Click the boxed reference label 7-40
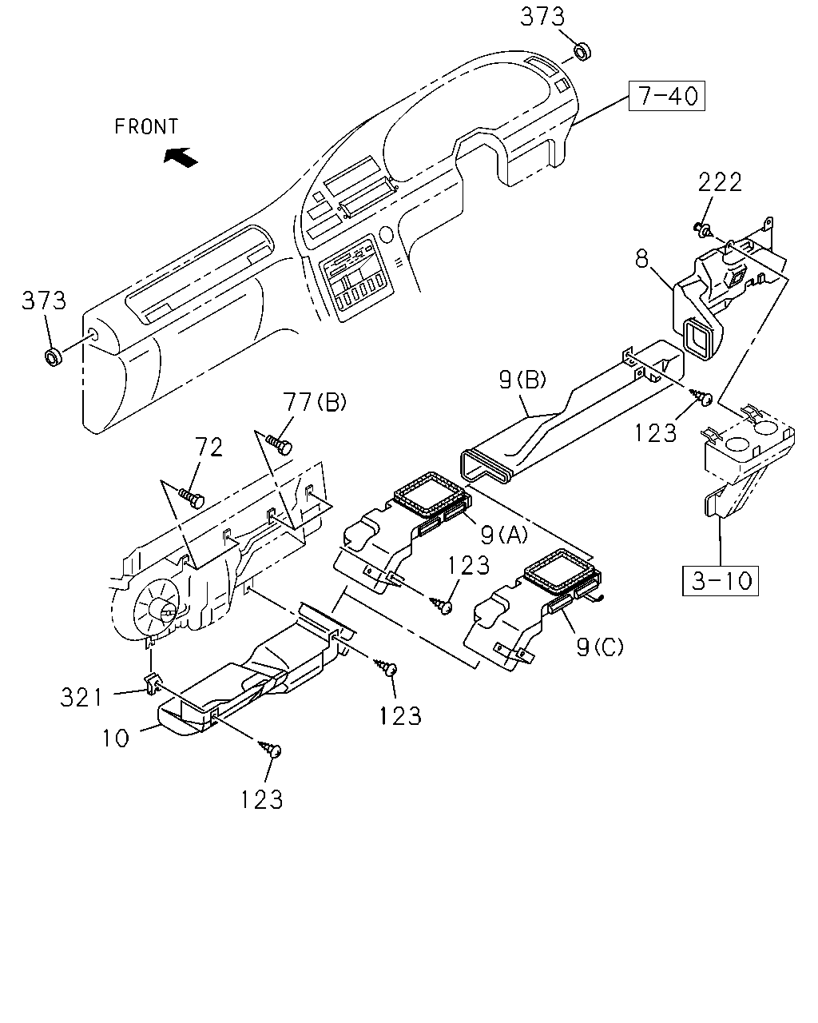coord(666,96)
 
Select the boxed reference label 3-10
coord(720,580)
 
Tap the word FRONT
coord(146,127)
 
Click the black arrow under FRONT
coord(181,157)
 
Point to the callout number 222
coord(720,182)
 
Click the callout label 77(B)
coord(315,402)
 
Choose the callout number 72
coord(208,447)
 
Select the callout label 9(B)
coord(523,380)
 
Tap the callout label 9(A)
coord(504,535)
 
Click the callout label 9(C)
coord(599,647)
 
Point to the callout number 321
coord(81,698)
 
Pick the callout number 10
coord(116,738)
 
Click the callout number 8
coord(641,260)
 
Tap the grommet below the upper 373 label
coord(582,51)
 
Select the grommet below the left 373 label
coord(54,357)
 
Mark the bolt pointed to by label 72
coord(192,498)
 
